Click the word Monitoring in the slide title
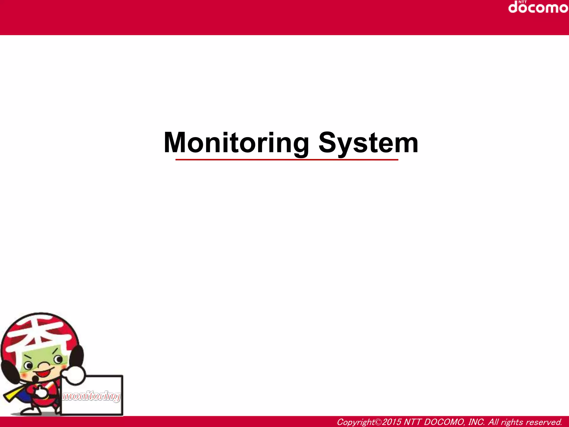(x=236, y=143)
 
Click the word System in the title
(x=368, y=143)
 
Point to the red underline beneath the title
(x=287, y=160)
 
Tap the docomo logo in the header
(x=538, y=8)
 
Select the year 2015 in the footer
(x=391, y=422)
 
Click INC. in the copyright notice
(x=476, y=422)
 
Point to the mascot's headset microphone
(x=36, y=379)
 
